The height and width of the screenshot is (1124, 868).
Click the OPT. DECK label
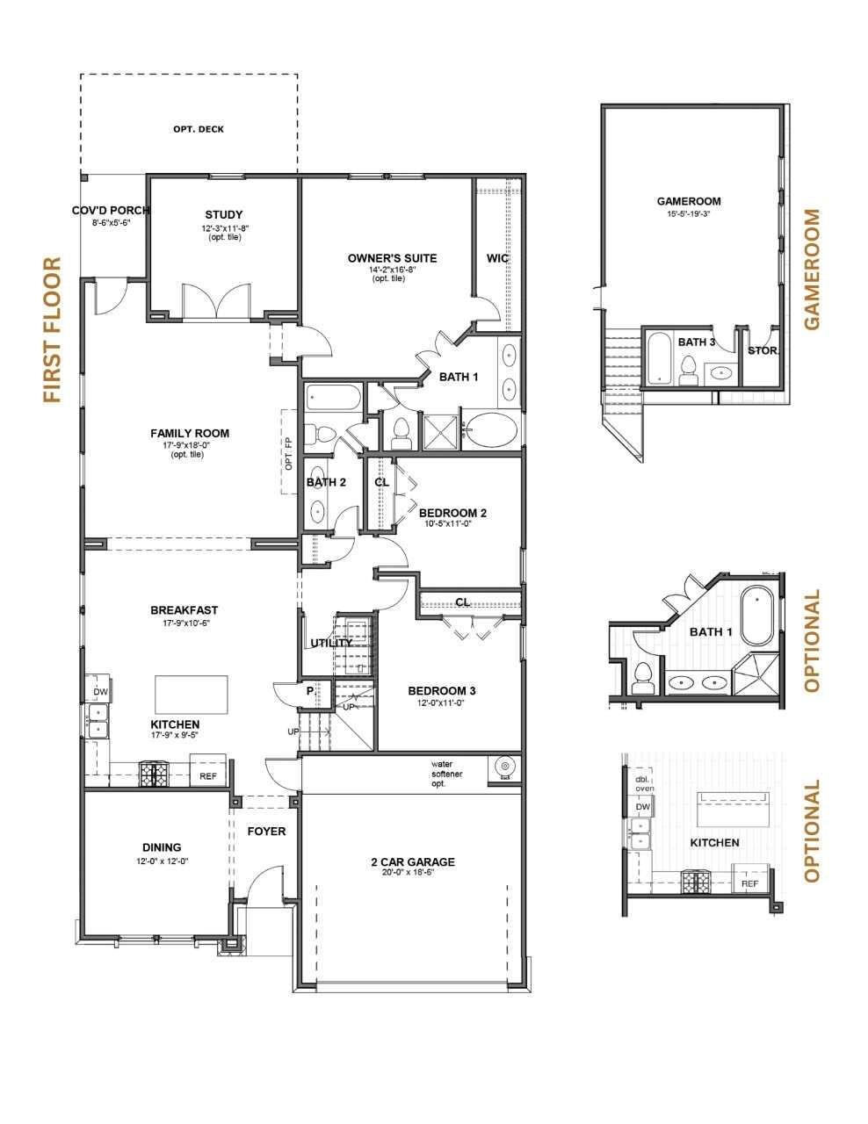(198, 129)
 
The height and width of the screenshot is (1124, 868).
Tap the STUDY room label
(223, 215)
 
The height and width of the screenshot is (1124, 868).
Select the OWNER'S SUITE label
(392, 258)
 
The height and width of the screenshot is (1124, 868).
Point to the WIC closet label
(498, 258)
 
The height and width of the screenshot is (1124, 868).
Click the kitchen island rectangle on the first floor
(191, 695)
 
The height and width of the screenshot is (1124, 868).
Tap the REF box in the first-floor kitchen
(208, 776)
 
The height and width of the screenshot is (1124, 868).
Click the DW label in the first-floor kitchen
(100, 692)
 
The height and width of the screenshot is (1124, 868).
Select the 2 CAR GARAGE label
(412, 861)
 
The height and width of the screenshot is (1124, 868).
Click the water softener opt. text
(447, 773)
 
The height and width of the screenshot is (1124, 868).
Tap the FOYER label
(265, 831)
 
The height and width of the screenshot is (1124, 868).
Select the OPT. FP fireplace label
(288, 453)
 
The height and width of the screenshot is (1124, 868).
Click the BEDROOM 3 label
(441, 690)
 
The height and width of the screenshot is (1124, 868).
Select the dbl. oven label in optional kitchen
(644, 783)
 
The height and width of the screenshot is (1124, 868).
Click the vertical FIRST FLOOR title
(53, 330)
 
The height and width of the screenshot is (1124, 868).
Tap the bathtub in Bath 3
(659, 358)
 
